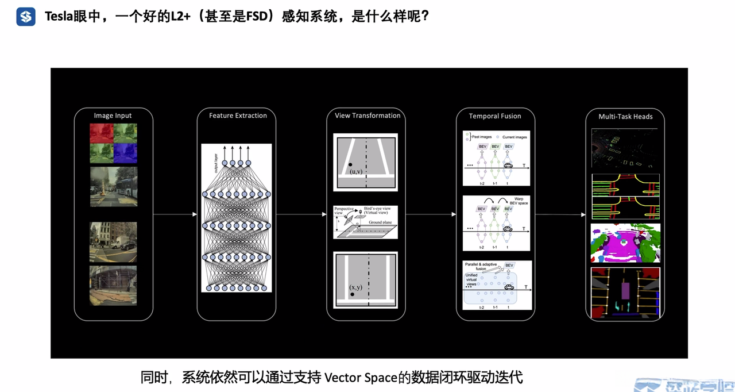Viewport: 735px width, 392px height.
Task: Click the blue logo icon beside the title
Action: pyautogui.click(x=26, y=17)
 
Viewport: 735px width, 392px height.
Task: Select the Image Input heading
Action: pyautogui.click(x=113, y=116)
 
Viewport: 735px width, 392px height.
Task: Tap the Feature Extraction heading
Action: pyautogui.click(x=238, y=116)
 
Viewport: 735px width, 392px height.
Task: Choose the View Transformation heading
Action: pyautogui.click(x=367, y=116)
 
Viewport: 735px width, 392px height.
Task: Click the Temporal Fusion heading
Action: pyautogui.click(x=495, y=116)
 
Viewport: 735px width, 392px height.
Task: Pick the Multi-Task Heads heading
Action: pyautogui.click(x=625, y=117)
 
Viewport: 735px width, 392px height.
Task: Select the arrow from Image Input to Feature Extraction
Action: pyautogui.click(x=175, y=215)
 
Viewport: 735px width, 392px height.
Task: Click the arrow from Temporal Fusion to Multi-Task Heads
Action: pyautogui.click(x=560, y=215)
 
